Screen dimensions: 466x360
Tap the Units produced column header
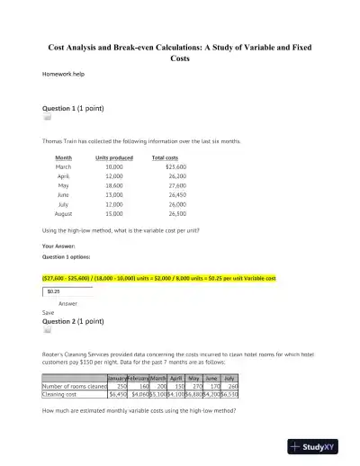click(114, 157)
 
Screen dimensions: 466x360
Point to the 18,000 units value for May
click(114, 184)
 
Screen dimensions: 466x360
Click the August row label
click(63, 213)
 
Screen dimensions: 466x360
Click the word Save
click(49, 313)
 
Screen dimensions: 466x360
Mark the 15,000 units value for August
click(114, 213)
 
